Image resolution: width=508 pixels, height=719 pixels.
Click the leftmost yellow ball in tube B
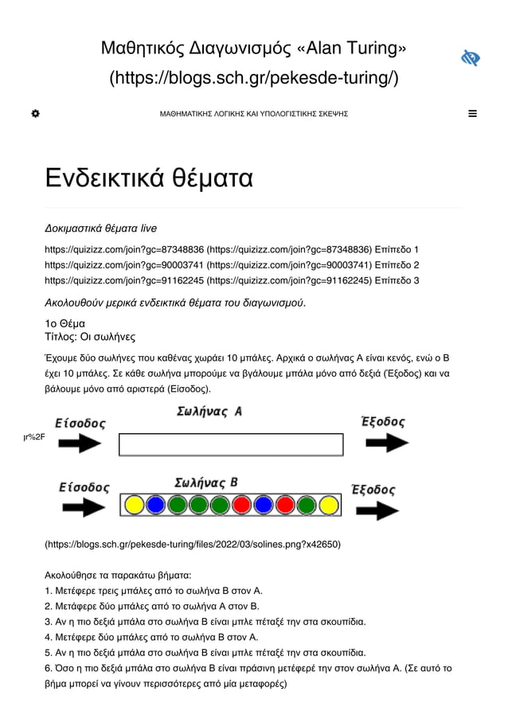click(135, 505)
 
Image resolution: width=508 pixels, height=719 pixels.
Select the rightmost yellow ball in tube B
click(329, 505)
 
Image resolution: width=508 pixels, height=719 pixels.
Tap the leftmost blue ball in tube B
click(156, 505)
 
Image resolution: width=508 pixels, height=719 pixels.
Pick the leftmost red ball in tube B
click(242, 505)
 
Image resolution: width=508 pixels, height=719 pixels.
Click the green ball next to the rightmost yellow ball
click(307, 505)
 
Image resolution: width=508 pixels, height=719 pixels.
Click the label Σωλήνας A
click(209, 412)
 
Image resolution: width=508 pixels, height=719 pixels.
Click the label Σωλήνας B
click(206, 483)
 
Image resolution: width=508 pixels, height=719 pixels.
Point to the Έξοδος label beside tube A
click(383, 422)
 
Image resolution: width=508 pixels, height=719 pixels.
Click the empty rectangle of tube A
click(231, 444)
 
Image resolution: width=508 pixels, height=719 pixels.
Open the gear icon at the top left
click(35, 114)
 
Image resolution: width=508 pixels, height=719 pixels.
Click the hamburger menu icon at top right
click(473, 114)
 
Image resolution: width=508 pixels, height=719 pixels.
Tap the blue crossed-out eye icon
click(471, 58)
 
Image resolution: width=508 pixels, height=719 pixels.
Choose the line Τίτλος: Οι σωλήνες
click(90, 336)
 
